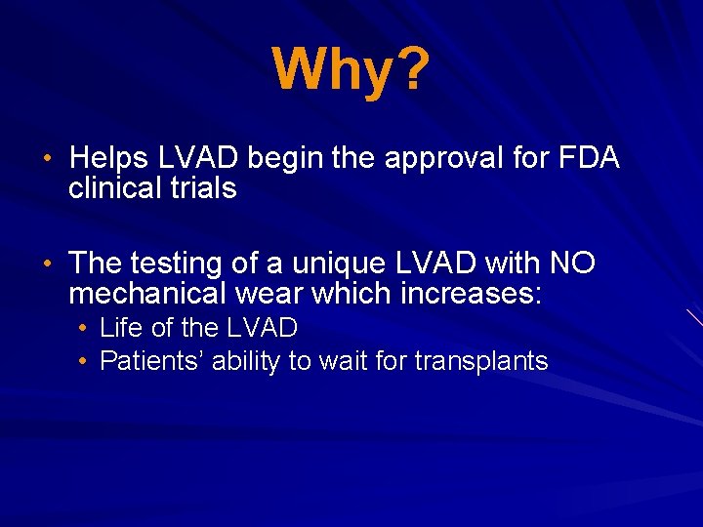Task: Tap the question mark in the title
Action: tap(410, 69)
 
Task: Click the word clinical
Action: tap(115, 187)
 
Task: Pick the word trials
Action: tap(202, 187)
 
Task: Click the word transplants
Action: tap(481, 362)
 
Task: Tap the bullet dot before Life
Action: tap(85, 328)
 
